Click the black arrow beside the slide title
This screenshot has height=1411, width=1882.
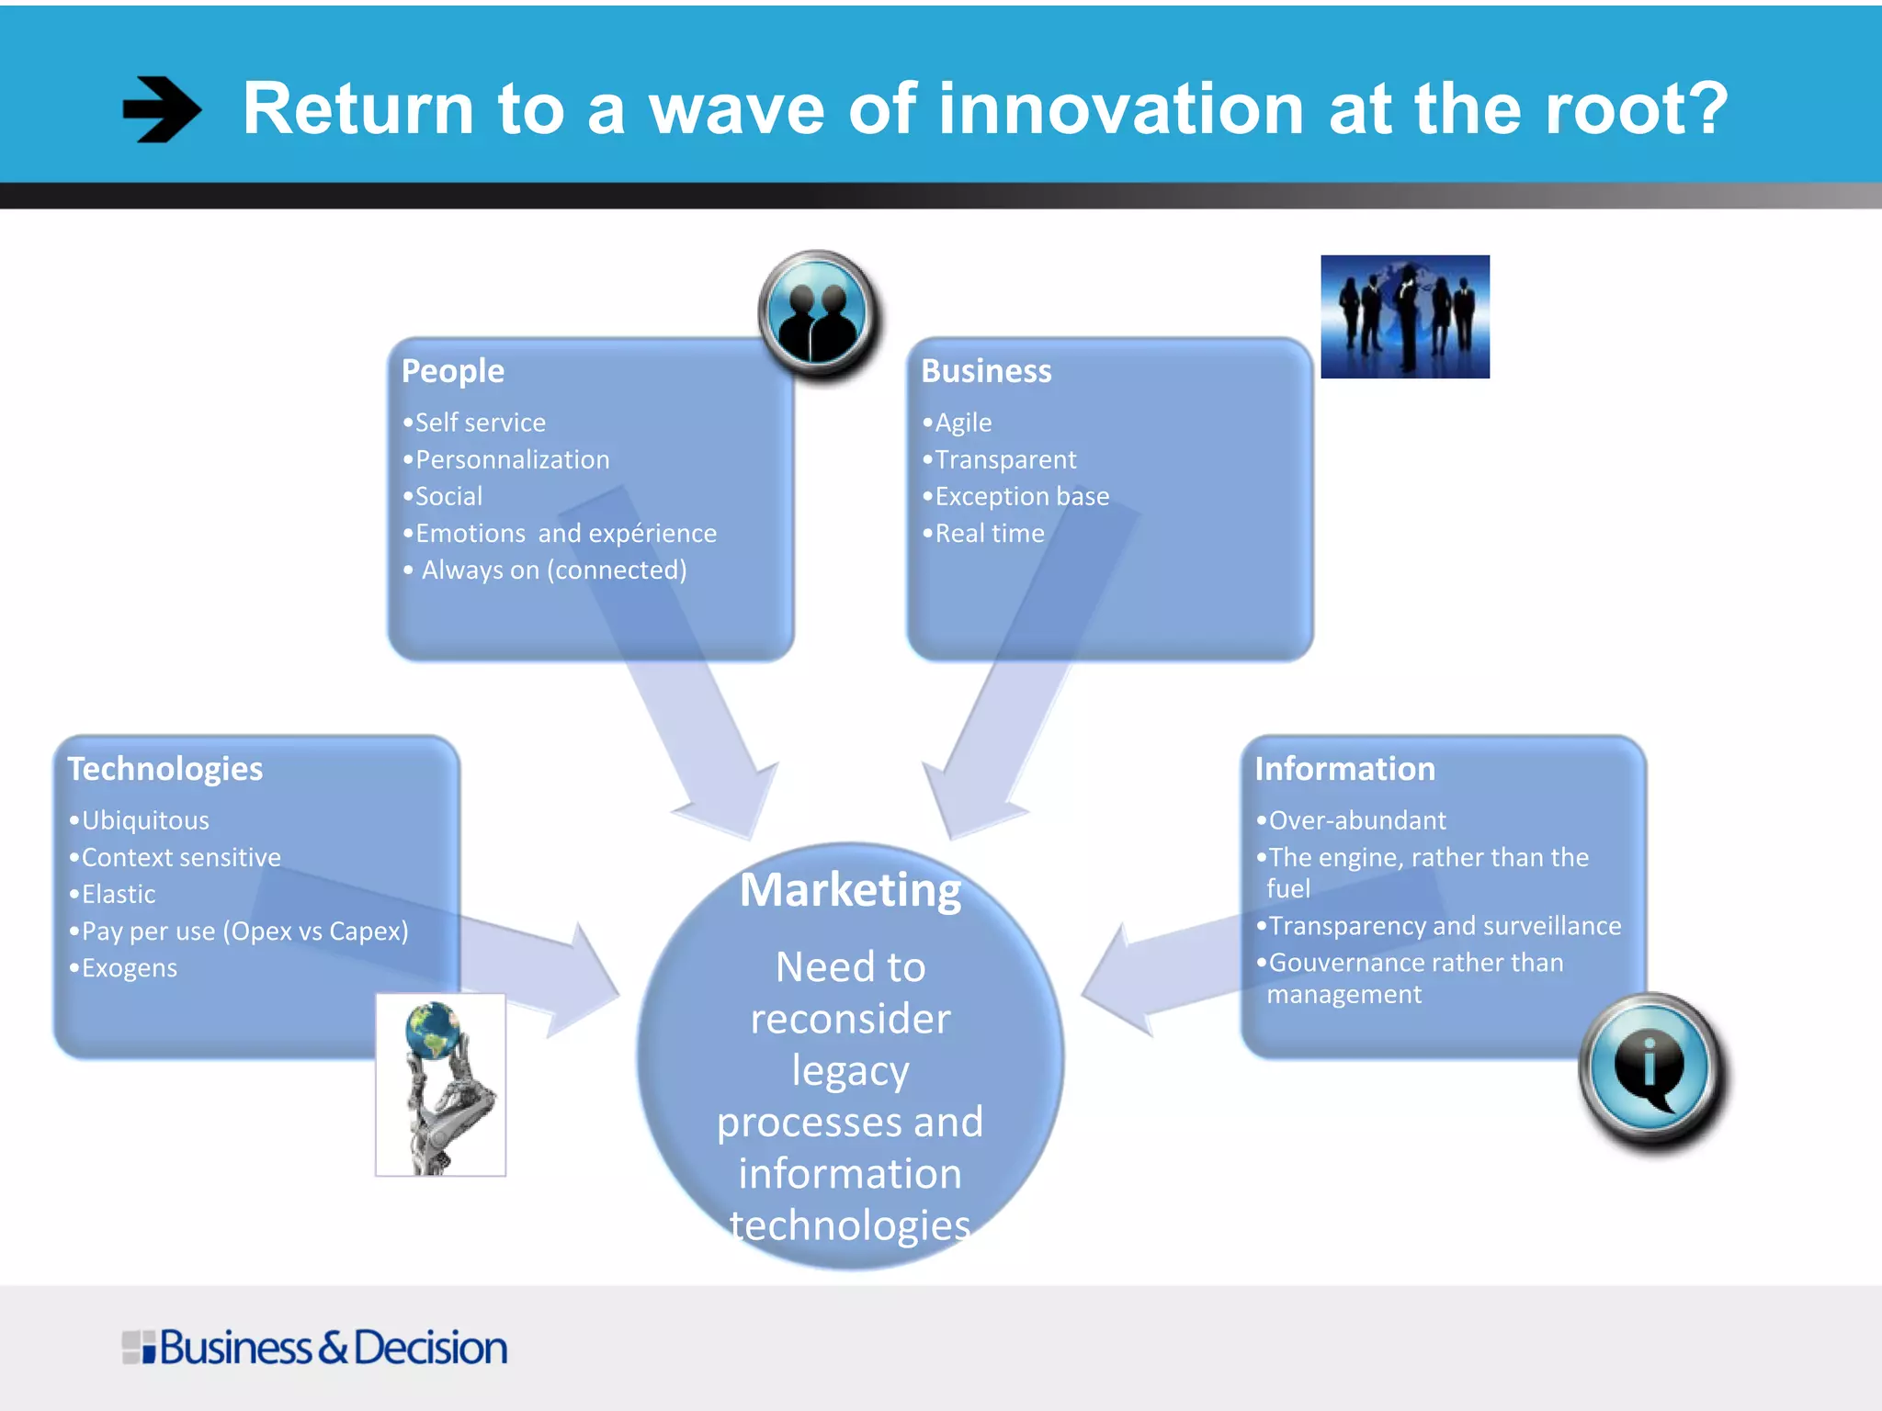(x=162, y=109)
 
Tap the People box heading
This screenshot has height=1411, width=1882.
(x=453, y=371)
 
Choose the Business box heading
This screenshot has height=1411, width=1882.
(x=986, y=371)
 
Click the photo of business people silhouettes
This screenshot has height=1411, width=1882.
(x=1404, y=317)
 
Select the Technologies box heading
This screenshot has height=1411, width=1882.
(x=165, y=769)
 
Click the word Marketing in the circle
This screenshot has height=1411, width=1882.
(x=851, y=889)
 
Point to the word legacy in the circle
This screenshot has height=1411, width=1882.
(x=851, y=1071)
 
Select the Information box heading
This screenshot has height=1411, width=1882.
(x=1344, y=769)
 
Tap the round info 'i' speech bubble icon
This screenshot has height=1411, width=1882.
(x=1650, y=1068)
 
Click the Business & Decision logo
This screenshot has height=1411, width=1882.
(x=315, y=1348)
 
